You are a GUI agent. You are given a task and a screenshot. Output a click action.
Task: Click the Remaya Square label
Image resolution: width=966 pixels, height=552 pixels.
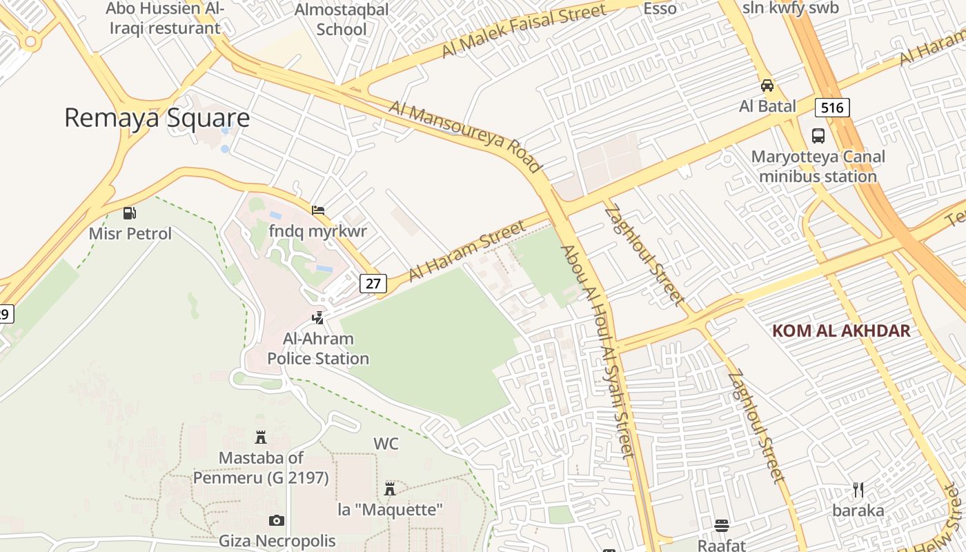157,118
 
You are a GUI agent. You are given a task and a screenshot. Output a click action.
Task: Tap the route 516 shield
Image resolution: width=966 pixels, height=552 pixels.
832,108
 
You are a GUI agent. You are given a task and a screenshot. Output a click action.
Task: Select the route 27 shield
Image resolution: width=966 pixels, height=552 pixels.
373,283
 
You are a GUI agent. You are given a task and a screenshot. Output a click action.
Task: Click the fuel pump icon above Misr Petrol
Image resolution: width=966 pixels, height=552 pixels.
130,213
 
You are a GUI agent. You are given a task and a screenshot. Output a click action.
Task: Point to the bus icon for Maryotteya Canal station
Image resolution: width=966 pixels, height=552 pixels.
818,136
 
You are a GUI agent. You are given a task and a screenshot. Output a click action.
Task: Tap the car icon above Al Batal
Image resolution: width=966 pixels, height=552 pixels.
767,86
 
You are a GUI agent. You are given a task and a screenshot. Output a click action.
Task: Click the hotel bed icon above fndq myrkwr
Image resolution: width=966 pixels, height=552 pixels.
318,210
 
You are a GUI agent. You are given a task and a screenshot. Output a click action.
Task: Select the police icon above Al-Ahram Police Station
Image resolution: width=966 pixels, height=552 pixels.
318,318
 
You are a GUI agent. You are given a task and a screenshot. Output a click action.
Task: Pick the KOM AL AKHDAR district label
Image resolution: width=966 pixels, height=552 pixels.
841,331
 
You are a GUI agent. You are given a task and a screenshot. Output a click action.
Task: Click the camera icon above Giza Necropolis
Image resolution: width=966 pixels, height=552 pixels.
277,520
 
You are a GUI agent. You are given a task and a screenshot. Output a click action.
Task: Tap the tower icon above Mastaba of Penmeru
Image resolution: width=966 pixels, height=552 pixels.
261,437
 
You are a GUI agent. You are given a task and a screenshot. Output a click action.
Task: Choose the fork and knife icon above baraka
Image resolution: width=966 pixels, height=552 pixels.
858,490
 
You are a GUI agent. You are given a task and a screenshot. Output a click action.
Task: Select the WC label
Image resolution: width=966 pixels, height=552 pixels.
386,444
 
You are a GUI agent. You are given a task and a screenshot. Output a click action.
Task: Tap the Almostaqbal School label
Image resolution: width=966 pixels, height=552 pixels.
342,19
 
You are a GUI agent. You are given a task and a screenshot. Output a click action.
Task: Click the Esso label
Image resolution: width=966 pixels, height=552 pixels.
660,8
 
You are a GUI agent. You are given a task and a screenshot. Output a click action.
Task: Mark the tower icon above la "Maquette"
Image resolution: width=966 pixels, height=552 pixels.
390,489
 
